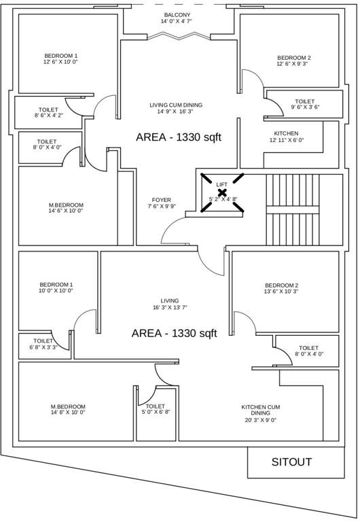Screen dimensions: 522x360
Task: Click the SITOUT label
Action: point(291,462)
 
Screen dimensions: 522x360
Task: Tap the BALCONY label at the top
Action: point(177,15)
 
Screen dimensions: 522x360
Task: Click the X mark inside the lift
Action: point(222,192)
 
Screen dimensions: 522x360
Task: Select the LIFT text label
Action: point(222,184)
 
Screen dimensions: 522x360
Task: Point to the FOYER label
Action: point(162,200)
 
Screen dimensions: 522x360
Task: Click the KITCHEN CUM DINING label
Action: point(260,410)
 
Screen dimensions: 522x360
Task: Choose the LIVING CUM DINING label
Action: point(176,105)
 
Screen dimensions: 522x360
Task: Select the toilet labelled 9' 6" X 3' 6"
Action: point(304,103)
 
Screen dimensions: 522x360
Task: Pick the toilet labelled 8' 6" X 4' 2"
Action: point(48,112)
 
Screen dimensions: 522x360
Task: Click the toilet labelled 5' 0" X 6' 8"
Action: point(156,408)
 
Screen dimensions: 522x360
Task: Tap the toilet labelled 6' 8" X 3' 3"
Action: point(43,343)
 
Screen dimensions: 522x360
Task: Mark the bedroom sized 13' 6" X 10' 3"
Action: point(281,288)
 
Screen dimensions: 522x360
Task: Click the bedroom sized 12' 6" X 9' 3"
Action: point(293,60)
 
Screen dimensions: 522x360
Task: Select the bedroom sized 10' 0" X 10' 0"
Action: point(56,287)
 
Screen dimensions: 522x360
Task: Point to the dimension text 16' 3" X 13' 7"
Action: point(170,307)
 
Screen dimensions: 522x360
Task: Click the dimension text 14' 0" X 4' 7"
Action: point(177,22)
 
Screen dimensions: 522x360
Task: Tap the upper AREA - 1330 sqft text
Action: point(179,137)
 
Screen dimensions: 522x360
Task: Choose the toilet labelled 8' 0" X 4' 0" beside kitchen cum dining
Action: point(308,351)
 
